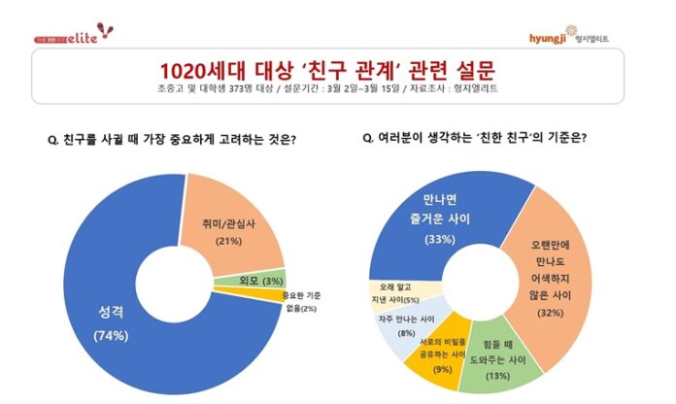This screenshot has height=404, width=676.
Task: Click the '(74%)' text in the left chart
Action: pyautogui.click(x=110, y=335)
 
